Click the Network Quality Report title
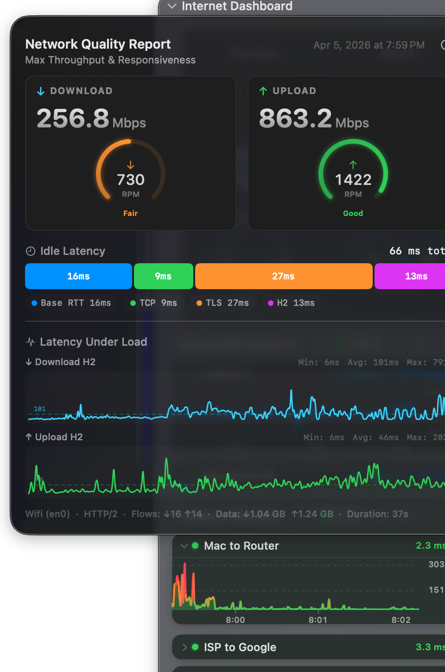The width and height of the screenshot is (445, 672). [x=98, y=44]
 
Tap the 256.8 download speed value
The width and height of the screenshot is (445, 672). [x=73, y=119]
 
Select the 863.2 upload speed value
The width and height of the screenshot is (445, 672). [x=295, y=119]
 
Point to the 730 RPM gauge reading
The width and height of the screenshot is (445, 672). [x=131, y=180]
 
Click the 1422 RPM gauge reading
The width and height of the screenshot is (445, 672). [x=353, y=180]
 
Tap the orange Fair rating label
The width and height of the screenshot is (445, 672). [x=130, y=213]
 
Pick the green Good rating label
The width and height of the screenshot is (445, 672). [x=353, y=213]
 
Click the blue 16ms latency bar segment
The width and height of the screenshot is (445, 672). [x=78, y=276]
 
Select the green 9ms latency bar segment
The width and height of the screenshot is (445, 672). [x=163, y=276]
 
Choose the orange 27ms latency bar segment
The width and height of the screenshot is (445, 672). [x=283, y=276]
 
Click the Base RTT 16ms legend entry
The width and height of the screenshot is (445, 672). [x=71, y=303]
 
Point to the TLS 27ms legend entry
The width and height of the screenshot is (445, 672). [x=223, y=303]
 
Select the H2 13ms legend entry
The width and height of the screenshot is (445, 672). [x=292, y=303]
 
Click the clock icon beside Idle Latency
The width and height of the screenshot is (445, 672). [x=31, y=251]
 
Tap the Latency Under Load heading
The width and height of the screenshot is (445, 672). [x=93, y=342]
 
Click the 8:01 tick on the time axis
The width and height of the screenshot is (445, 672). [x=318, y=620]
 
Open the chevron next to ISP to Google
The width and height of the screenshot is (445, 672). [x=184, y=647]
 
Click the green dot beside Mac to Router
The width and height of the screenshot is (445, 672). [x=195, y=545]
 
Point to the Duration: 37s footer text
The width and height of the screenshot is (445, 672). [x=377, y=514]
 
